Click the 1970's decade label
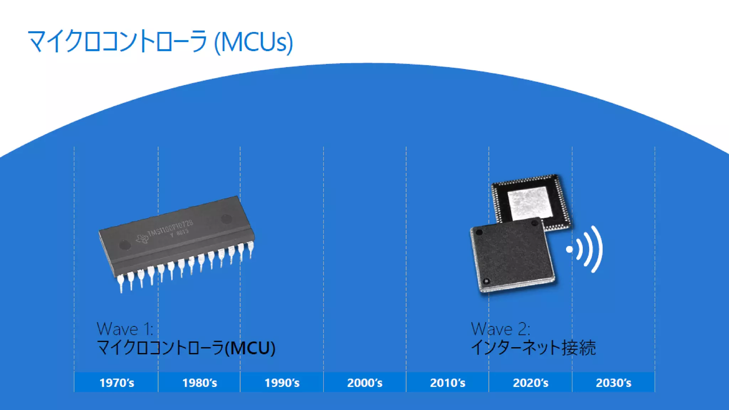[116, 383]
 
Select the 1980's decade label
[199, 383]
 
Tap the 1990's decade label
[282, 383]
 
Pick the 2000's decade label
[364, 383]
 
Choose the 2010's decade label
[447, 383]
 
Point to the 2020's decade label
[530, 383]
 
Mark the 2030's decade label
[613, 383]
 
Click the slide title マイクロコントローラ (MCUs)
[160, 42]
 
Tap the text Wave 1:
[125, 329]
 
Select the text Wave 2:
[500, 329]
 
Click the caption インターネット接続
[533, 348]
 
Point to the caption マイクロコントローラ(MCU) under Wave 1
[186, 348]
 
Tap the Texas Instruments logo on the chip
[142, 238]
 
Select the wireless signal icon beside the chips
[587, 249]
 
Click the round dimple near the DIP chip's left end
[125, 245]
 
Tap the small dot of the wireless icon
[570, 249]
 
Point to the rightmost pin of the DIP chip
[251, 248]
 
